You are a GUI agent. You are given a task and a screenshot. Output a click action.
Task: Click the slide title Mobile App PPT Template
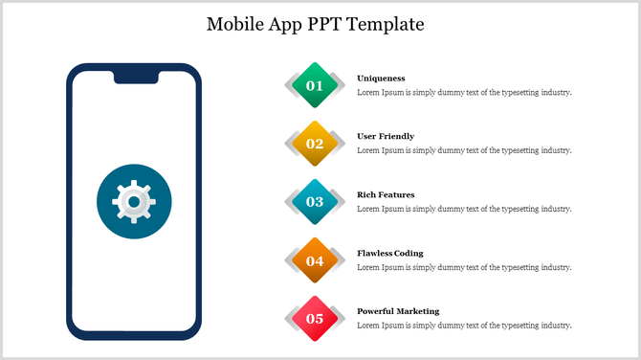click(315, 24)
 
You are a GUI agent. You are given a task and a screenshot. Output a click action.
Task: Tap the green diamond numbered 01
click(315, 85)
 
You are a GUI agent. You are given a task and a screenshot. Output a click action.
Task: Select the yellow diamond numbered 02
click(315, 144)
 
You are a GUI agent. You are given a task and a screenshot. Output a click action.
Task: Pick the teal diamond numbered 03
click(315, 202)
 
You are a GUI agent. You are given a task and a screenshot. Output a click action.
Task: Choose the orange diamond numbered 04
click(315, 260)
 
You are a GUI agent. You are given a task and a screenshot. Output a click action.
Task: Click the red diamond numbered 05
click(315, 319)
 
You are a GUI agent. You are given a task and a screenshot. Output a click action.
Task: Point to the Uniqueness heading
click(381, 78)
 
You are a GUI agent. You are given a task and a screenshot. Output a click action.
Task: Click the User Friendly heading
click(386, 136)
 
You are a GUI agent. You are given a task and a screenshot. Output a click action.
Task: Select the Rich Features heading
click(386, 194)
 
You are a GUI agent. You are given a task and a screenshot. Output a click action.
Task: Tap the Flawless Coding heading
click(389, 253)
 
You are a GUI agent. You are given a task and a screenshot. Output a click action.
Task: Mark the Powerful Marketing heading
click(398, 311)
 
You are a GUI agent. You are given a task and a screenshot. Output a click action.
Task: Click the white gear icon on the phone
click(134, 202)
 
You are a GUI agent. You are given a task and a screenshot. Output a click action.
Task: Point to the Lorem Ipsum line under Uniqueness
click(464, 93)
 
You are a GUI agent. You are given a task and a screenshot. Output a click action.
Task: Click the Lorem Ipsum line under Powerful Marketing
click(464, 326)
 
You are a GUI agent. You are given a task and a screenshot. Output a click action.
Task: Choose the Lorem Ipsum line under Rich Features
click(464, 209)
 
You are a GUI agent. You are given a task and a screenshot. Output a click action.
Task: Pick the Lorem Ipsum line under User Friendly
click(464, 150)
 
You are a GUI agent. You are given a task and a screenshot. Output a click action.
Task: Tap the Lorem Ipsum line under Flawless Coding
click(464, 267)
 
